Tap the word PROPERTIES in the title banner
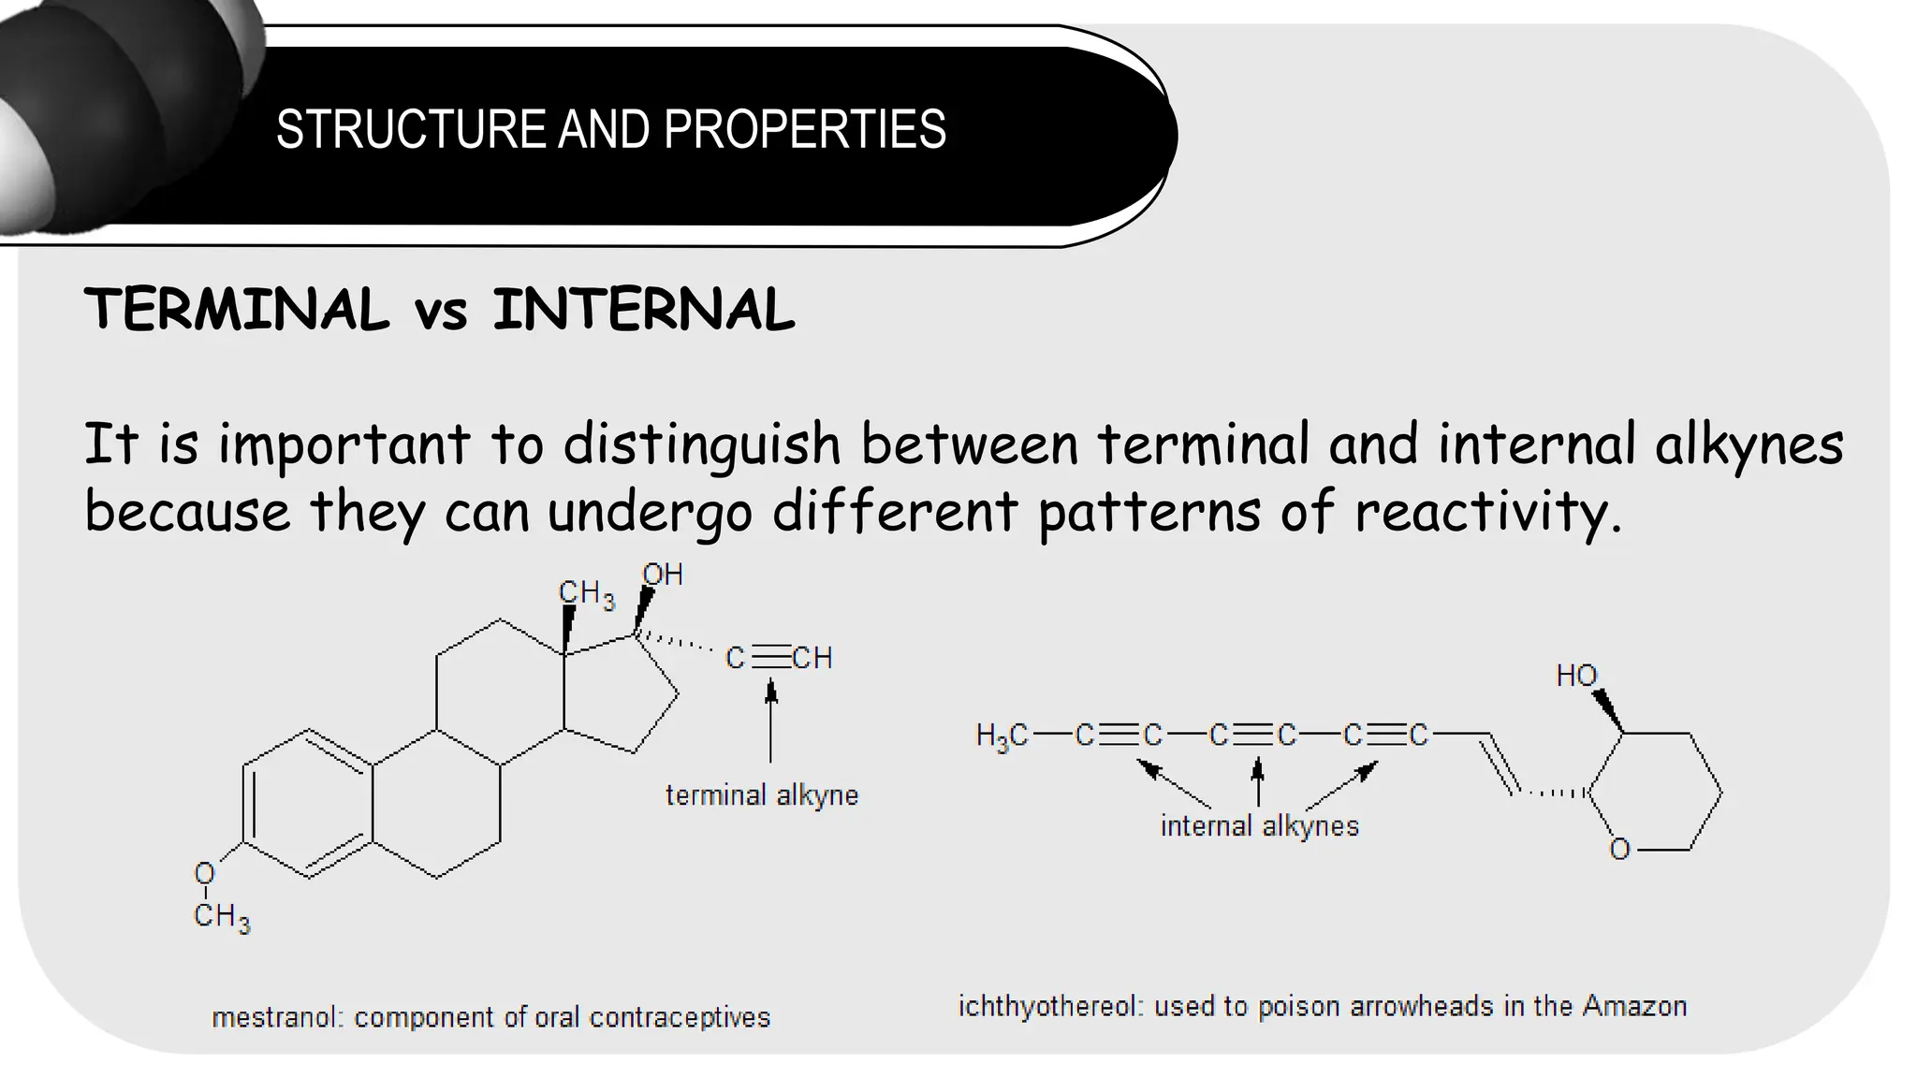(804, 129)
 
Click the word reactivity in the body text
(1487, 512)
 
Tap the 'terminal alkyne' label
(762, 795)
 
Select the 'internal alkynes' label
(1259, 826)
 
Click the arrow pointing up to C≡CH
(770, 721)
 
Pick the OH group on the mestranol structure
(662, 575)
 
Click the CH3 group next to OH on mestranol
(586, 594)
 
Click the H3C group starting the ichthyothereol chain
(1001, 736)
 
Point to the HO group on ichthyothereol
(1576, 676)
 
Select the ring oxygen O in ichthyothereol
(1619, 850)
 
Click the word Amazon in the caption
(1634, 1007)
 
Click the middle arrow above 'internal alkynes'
(1258, 781)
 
